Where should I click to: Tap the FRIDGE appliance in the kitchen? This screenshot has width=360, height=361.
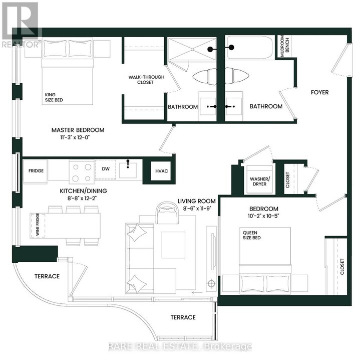coord(36,171)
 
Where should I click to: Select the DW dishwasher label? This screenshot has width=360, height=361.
coord(106,169)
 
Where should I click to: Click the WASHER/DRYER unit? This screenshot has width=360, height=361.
coord(260,180)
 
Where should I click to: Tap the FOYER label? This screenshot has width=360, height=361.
coord(319,92)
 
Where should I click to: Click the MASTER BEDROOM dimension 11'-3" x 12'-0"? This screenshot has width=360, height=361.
coord(78,139)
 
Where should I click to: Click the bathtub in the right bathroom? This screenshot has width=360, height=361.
coord(249,48)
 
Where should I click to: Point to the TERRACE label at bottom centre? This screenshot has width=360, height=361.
coord(183,317)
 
